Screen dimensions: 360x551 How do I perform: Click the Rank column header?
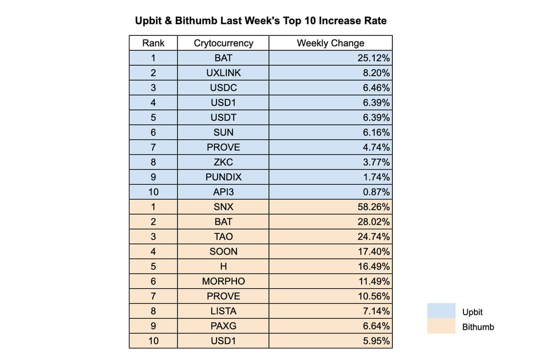(153, 43)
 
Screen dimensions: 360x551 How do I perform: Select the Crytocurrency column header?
(223, 43)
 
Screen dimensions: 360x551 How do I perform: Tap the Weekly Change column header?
(331, 43)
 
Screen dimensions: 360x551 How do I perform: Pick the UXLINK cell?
(223, 73)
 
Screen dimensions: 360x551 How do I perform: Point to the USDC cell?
(223, 88)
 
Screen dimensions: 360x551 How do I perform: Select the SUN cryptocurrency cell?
(223, 132)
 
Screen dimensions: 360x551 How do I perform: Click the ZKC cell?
(223, 162)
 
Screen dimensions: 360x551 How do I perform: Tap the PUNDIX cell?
(223, 177)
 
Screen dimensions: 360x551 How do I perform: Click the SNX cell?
(223, 207)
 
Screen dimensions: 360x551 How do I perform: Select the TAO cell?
(223, 237)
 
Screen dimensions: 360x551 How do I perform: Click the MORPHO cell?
(223, 281)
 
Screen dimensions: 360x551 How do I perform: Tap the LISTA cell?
(223, 311)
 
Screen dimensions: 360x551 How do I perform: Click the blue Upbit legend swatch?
(441, 311)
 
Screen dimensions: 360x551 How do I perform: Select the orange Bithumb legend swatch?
(441, 326)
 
